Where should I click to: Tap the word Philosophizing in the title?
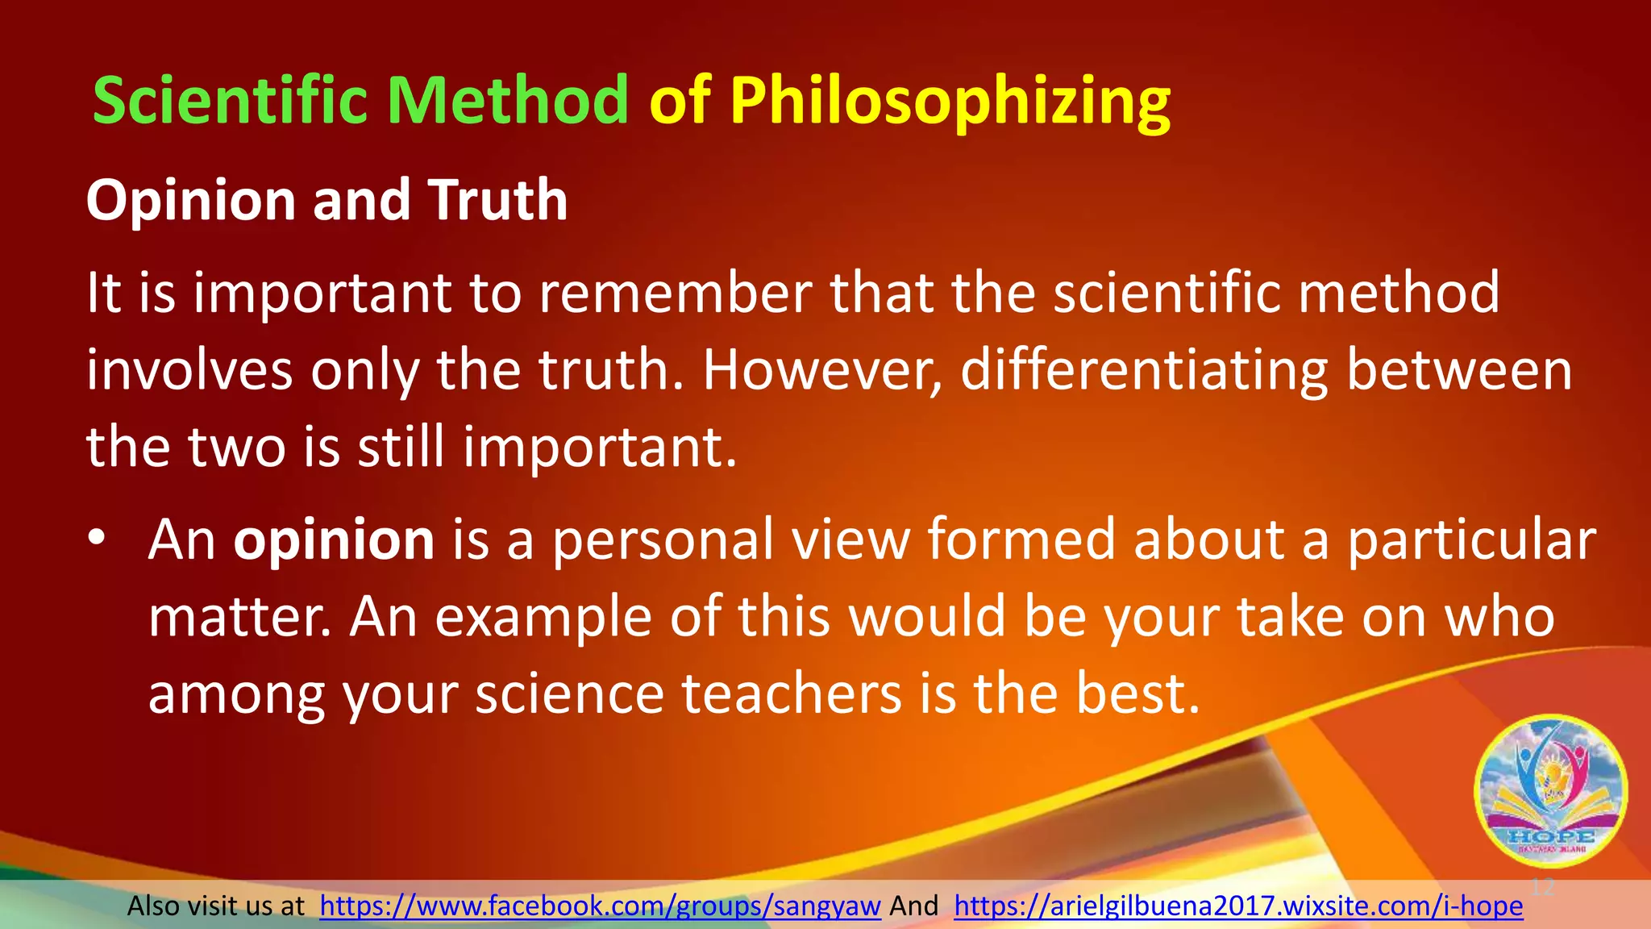950,102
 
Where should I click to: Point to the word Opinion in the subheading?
191,202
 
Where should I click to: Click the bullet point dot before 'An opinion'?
97,538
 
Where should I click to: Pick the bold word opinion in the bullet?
334,540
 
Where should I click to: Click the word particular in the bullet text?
1471,540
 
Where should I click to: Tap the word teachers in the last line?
792,694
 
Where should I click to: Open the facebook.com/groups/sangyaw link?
600,906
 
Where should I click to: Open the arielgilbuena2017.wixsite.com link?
1238,906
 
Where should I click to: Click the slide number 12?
1541,887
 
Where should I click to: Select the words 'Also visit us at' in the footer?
216,906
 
